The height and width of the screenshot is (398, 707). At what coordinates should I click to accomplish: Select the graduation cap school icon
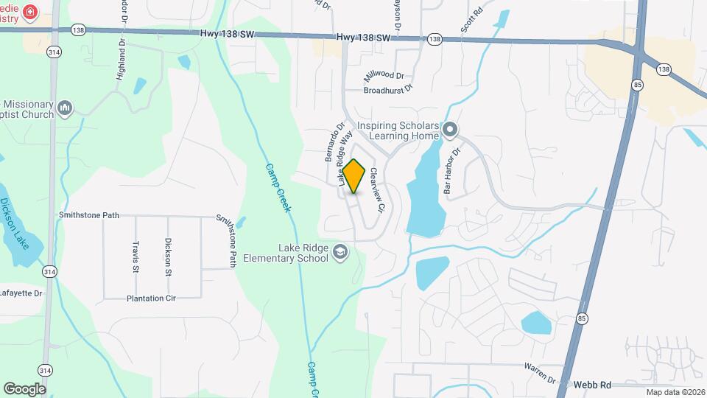(340, 253)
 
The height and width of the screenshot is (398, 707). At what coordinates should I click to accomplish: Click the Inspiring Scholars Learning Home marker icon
(451, 131)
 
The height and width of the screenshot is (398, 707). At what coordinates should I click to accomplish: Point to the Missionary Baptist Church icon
(65, 109)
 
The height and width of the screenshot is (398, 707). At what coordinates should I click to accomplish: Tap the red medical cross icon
(30, 12)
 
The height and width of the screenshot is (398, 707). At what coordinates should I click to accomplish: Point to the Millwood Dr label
(384, 76)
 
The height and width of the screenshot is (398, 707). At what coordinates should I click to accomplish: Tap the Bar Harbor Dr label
(451, 170)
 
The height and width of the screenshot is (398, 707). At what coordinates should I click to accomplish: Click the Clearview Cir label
(378, 190)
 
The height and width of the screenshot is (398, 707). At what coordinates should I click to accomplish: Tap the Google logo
(24, 388)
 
